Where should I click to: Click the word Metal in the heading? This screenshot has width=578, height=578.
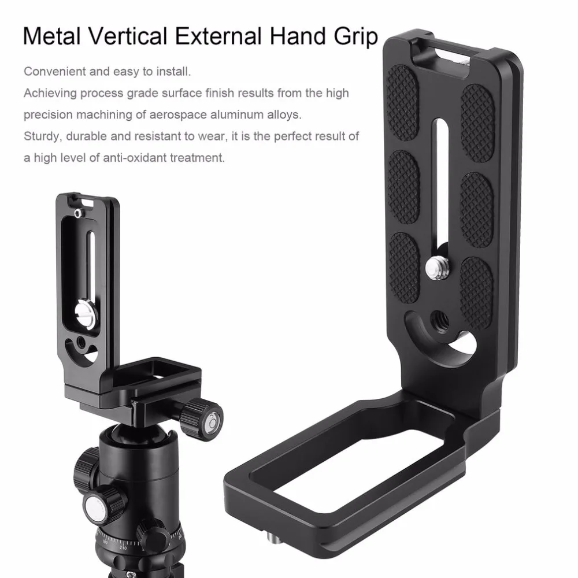[51, 36]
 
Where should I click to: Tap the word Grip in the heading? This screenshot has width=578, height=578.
[356, 38]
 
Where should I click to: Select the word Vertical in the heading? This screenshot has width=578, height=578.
[128, 36]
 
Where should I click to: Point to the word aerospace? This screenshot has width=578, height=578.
[179, 115]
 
